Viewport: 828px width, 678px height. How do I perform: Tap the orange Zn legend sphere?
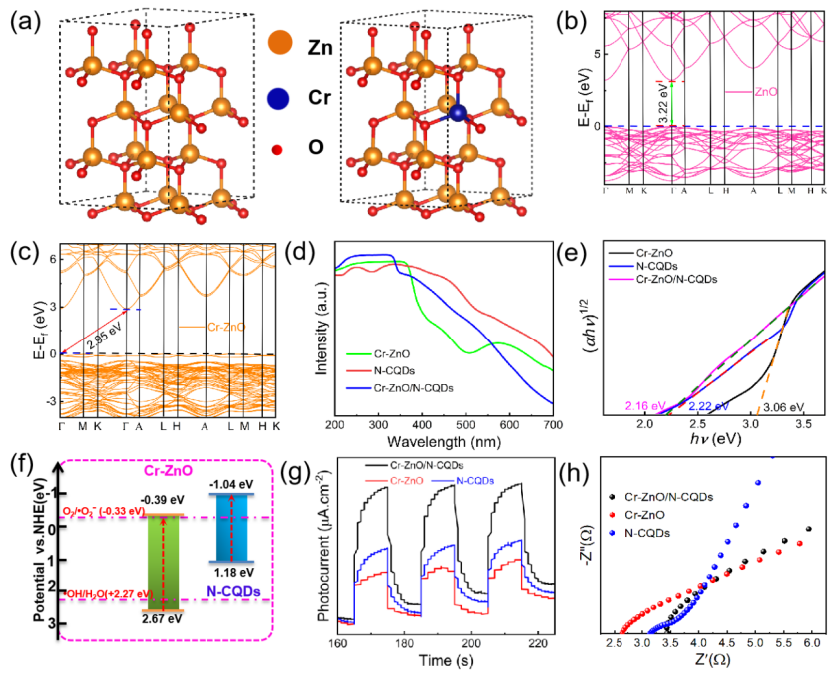[x=278, y=45]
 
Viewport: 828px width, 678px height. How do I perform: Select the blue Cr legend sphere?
[x=278, y=98]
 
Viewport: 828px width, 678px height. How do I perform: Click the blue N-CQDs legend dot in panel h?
[x=612, y=534]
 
